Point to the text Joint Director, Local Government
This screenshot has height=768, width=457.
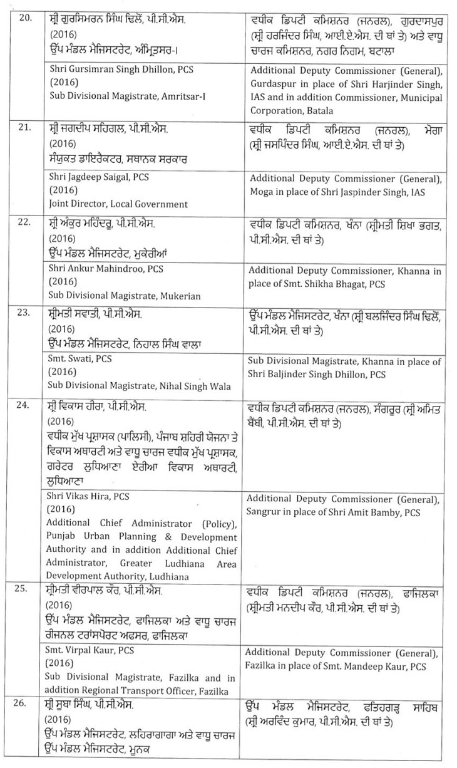click(x=118, y=204)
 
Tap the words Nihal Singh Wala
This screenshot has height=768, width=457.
click(x=200, y=385)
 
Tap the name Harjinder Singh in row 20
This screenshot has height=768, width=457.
click(x=402, y=85)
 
